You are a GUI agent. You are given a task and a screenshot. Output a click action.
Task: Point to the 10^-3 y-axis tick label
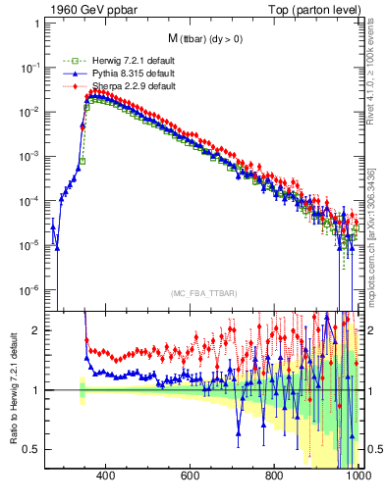(x=29, y=157)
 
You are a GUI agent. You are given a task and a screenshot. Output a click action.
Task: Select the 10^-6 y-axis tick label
(x=29, y=290)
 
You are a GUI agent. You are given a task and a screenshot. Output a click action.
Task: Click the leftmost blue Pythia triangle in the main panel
(x=53, y=226)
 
